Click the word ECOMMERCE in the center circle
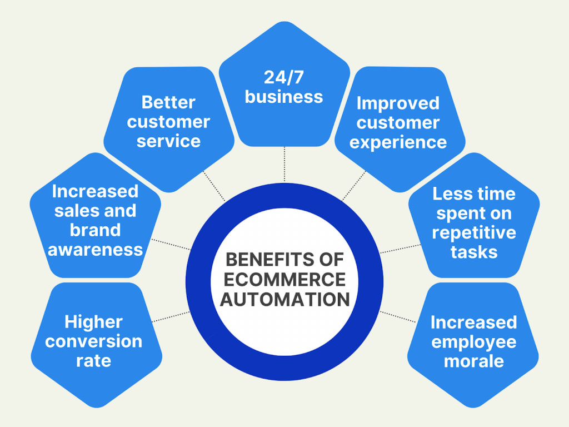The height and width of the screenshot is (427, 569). [284, 279]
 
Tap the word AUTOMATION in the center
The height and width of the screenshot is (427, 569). [285, 299]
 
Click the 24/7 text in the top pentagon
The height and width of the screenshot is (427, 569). [284, 77]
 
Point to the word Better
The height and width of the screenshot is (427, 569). [168, 102]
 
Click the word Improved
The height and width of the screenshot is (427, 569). [398, 103]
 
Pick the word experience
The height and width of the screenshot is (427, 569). [398, 142]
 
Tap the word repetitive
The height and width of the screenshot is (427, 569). [474, 233]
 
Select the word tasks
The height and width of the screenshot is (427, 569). [474, 252]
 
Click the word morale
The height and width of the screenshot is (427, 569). [474, 361]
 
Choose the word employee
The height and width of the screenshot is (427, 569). [474, 342]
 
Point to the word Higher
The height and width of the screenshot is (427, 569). [93, 322]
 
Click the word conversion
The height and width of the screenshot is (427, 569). [93, 341]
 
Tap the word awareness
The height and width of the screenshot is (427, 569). [95, 250]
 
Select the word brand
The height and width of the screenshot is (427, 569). [95, 230]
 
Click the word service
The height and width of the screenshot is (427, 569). [168, 141]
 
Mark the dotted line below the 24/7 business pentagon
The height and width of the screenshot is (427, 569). [284, 164]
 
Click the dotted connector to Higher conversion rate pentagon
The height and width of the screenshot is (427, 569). [171, 316]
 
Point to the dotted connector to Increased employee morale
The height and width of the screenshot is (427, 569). [398, 316]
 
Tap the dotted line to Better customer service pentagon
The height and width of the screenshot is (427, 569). [214, 186]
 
